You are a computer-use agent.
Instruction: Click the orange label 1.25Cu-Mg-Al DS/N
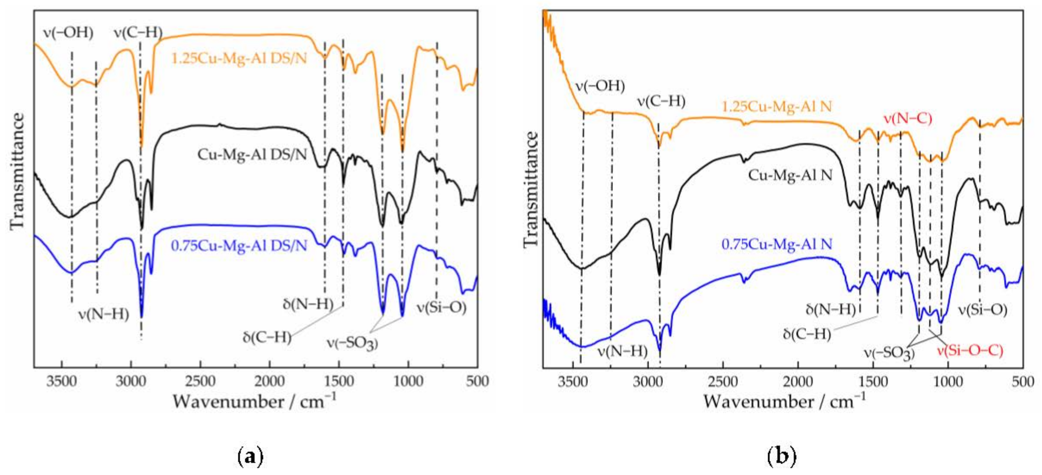(239, 59)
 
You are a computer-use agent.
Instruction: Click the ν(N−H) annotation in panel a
(104, 314)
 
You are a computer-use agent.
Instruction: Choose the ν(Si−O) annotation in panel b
(982, 310)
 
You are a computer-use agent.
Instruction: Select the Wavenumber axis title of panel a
(255, 402)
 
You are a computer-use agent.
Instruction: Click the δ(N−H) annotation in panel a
(308, 304)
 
